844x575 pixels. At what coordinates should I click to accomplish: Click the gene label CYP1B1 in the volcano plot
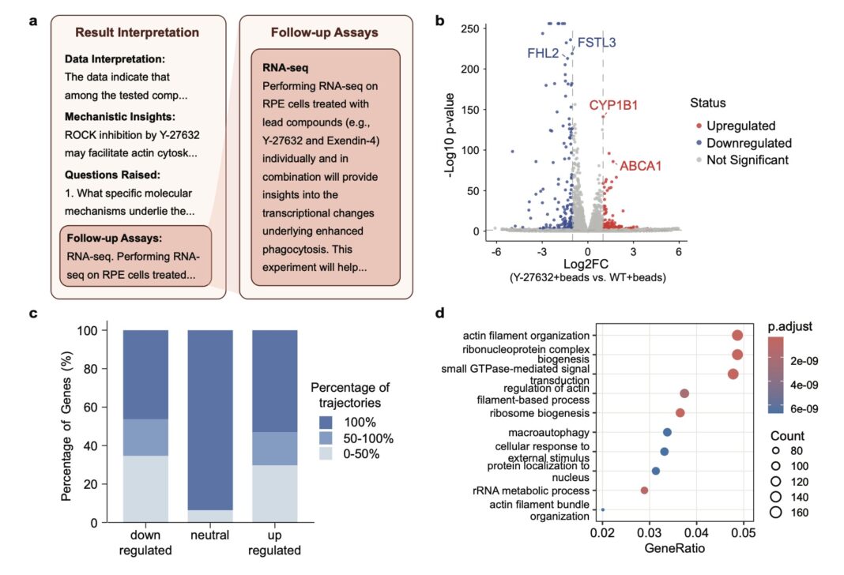point(613,105)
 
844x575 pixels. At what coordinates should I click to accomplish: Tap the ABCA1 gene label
point(642,166)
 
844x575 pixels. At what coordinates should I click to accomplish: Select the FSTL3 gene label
point(597,42)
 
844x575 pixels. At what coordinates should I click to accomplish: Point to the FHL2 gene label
point(544,54)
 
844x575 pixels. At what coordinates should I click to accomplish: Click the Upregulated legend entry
point(740,126)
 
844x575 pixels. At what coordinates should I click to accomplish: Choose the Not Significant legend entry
point(747,160)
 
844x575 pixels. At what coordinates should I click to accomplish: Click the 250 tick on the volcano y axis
point(468,28)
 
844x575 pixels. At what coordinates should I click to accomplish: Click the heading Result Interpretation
point(137,32)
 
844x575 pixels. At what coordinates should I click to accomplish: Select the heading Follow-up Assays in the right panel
point(324,32)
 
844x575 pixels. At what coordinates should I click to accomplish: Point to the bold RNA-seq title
point(284,68)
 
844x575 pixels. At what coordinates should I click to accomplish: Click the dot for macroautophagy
point(667,432)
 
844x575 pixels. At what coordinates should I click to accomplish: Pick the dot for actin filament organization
point(737,336)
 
